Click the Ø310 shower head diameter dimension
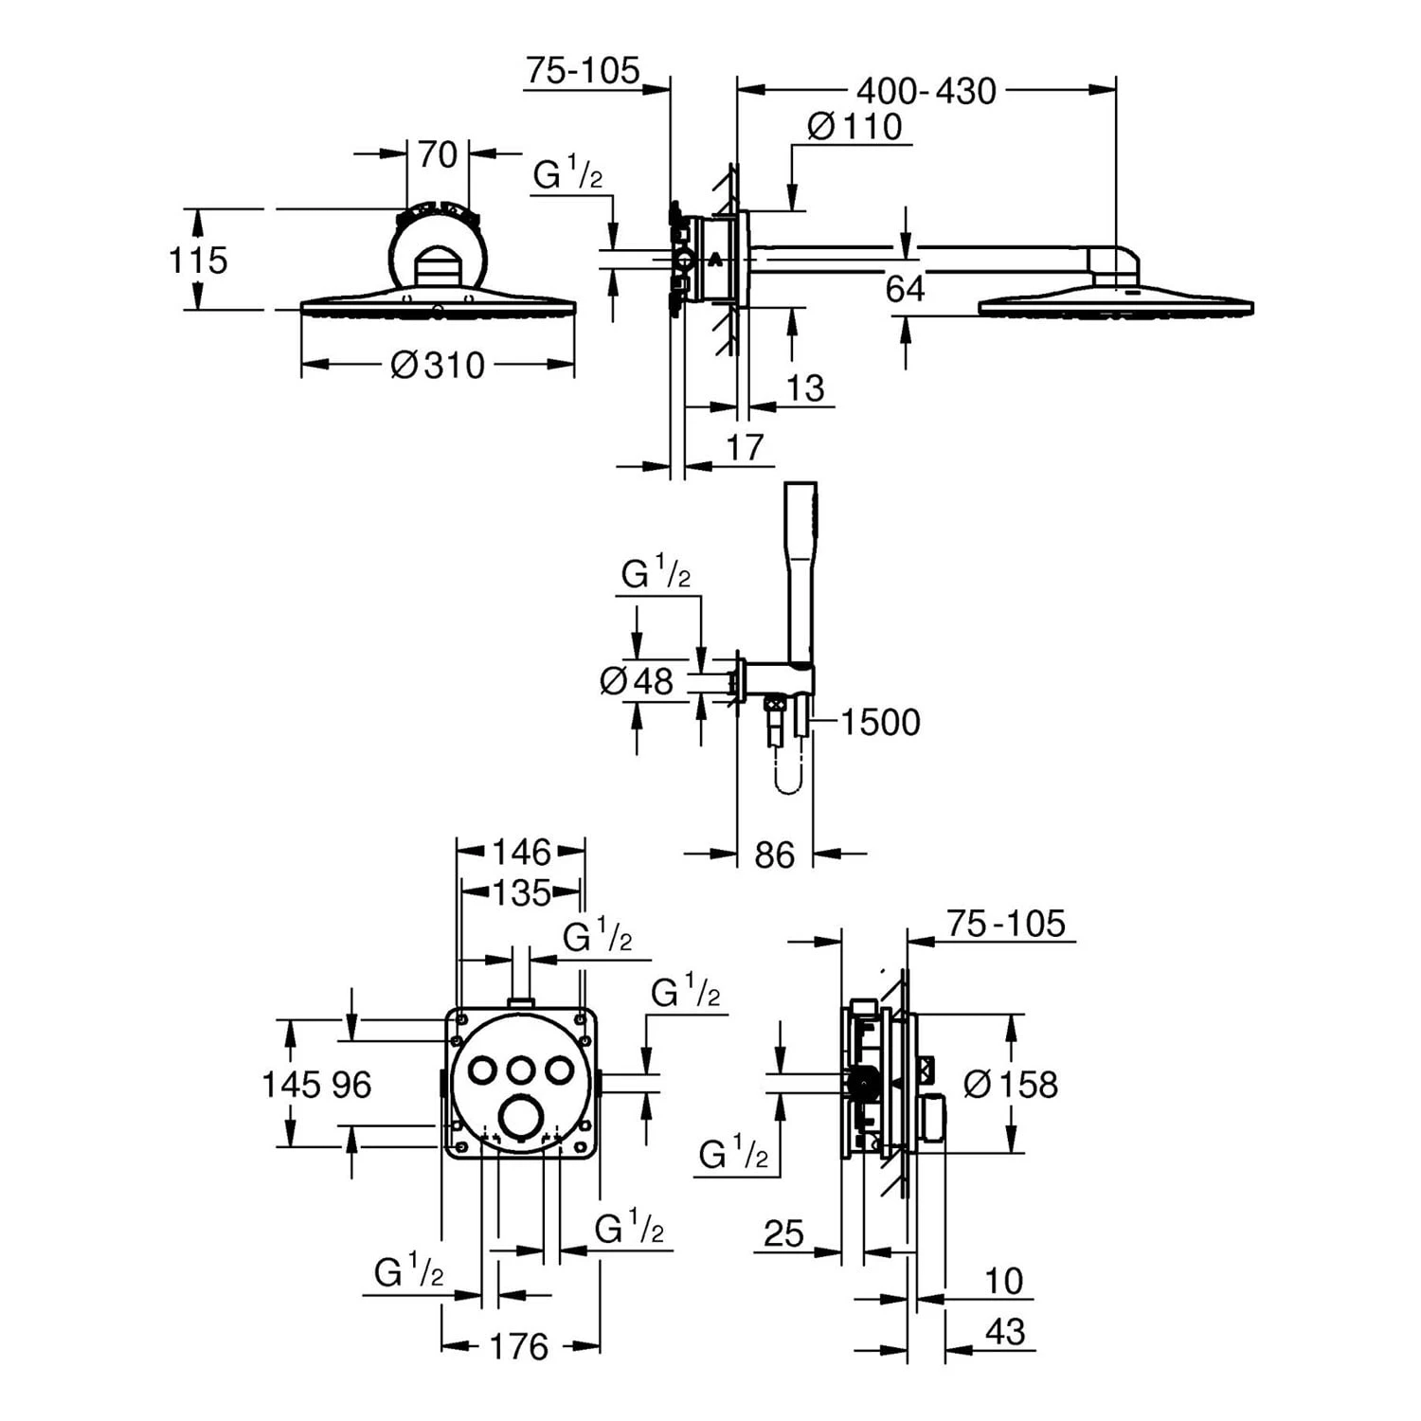tap(438, 365)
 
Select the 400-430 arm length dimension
tap(926, 91)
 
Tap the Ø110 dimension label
tap(854, 126)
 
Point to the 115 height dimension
tap(198, 260)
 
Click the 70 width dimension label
tap(437, 154)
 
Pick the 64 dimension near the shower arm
tap(905, 289)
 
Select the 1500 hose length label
tap(880, 722)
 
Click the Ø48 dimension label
tap(637, 680)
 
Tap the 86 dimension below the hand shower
tap(774, 855)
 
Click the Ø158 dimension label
tap(1010, 1084)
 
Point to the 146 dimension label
tap(520, 852)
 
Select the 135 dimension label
tap(521, 892)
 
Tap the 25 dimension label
tap(783, 1233)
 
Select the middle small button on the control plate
tap(520, 1070)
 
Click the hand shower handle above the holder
tap(800, 568)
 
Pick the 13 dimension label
tap(805, 387)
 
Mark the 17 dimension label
tap(745, 446)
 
